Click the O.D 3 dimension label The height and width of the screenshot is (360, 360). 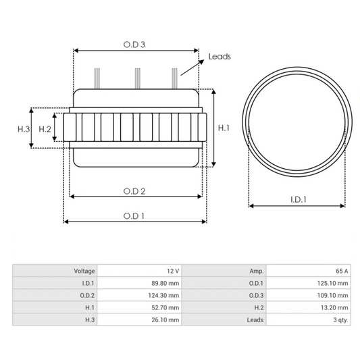(134, 45)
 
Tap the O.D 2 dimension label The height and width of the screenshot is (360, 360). (134, 191)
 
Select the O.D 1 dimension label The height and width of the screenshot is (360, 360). (134, 216)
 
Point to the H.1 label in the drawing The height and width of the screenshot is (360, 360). (224, 128)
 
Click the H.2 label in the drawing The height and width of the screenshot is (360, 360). (45, 129)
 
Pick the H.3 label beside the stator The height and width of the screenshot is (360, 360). (24, 129)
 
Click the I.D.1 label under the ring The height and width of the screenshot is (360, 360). (299, 199)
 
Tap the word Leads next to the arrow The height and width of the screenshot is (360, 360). (220, 57)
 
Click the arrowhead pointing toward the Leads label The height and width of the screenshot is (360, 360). (201, 61)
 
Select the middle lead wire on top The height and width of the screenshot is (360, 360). (138, 78)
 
